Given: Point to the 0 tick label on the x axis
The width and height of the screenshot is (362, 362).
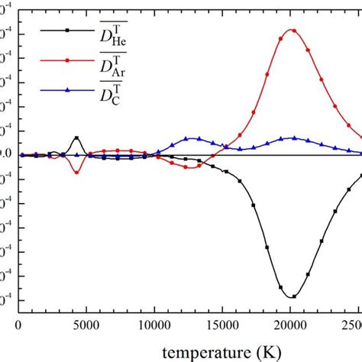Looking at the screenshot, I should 19,324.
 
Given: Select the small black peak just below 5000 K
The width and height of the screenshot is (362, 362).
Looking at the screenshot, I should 76,137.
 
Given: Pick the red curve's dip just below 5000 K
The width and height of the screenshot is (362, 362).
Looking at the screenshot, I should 76,173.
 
